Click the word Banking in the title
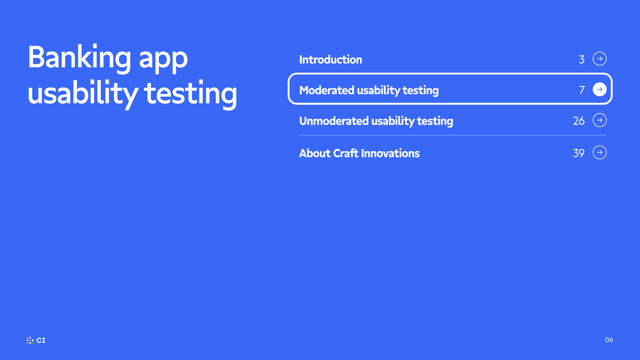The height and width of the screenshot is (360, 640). pyautogui.click(x=80, y=58)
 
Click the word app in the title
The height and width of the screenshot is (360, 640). pyautogui.click(x=163, y=61)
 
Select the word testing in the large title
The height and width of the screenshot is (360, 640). pyautogui.click(x=191, y=95)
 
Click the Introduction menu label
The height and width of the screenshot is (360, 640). pyautogui.click(x=331, y=60)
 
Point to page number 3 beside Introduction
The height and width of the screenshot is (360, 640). pyautogui.click(x=582, y=60)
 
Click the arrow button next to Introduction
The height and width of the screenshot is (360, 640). pyautogui.click(x=600, y=59)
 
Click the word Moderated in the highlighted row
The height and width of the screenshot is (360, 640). pyautogui.click(x=327, y=90)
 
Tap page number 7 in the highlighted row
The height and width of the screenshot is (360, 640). pyautogui.click(x=582, y=90)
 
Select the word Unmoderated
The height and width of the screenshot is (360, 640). pyautogui.click(x=334, y=121)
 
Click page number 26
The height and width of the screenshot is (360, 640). pyautogui.click(x=579, y=121)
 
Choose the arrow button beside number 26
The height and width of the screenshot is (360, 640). pyautogui.click(x=600, y=120)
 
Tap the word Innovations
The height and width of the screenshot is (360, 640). pyautogui.click(x=390, y=153)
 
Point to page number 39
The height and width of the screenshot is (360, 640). pyautogui.click(x=579, y=153)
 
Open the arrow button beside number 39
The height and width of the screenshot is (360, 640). pyautogui.click(x=600, y=152)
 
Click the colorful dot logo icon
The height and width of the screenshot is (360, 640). pyautogui.click(x=30, y=340)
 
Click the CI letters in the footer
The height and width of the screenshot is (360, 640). pyautogui.click(x=41, y=340)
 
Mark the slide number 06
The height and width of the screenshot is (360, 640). pyautogui.click(x=609, y=340)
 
